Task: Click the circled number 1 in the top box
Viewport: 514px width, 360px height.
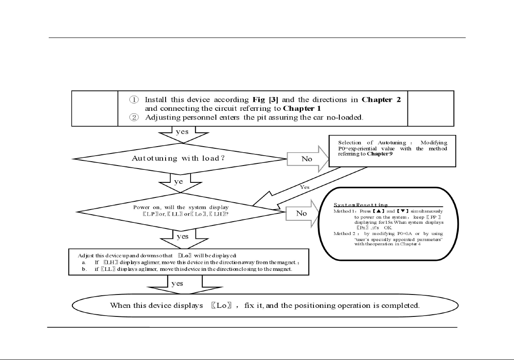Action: point(134,100)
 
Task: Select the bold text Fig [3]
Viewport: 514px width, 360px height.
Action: point(265,100)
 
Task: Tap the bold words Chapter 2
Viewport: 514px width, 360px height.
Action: point(381,100)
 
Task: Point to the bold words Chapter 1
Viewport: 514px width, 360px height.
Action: point(302,108)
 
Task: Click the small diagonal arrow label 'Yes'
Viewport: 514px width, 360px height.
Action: point(304,187)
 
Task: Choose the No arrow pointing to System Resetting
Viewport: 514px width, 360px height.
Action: point(302,213)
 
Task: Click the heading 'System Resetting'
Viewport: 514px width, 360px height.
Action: point(360,205)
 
